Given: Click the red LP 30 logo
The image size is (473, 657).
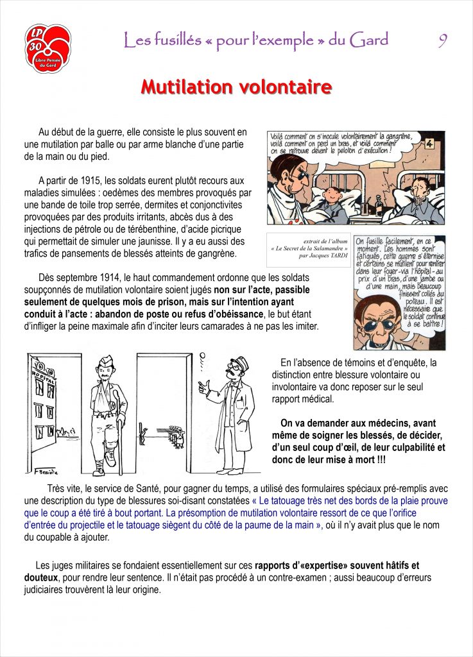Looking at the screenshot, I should pos(47,48).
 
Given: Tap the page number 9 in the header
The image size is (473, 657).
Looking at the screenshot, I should pos(443,40).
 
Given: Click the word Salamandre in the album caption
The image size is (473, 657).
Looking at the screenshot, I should pos(325,248).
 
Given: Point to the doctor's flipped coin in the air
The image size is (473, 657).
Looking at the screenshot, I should pos(202,355).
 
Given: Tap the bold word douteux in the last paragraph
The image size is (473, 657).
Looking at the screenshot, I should pos(51,577).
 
